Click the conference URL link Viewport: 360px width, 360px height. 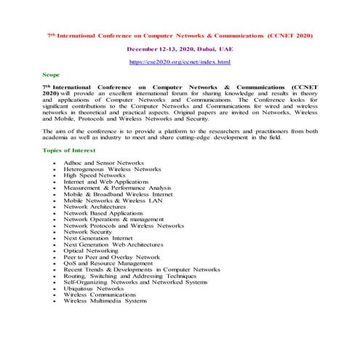(x=180, y=63)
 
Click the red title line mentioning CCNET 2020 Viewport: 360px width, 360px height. (x=180, y=34)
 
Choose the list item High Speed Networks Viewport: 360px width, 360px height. (x=95, y=175)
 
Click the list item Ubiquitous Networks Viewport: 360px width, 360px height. (x=94, y=288)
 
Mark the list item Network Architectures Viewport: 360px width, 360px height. (x=95, y=207)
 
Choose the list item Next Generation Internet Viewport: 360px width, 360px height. (x=98, y=238)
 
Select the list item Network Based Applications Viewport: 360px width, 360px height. (x=103, y=212)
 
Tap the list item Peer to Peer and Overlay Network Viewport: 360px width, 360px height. (x=111, y=257)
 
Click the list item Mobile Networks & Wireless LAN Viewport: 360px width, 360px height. (x=111, y=200)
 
